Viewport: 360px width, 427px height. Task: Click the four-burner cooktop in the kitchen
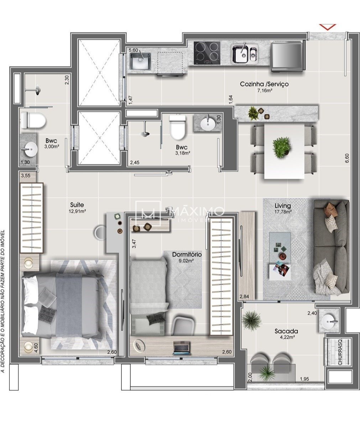[x=207, y=53]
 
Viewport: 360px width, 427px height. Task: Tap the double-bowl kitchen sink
[x=245, y=54]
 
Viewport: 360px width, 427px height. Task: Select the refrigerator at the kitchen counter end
[x=287, y=57]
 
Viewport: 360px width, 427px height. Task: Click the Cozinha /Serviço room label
[x=264, y=84]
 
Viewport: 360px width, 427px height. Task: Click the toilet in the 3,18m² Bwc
[x=178, y=126]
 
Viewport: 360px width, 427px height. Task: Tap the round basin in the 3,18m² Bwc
[x=208, y=123]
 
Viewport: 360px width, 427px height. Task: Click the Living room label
[x=283, y=206]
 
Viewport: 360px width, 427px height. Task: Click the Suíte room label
[x=77, y=205]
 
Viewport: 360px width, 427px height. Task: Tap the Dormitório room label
[x=187, y=255]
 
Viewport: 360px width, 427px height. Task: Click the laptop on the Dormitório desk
[x=182, y=347]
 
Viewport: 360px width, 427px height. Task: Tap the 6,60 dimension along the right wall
[x=347, y=158]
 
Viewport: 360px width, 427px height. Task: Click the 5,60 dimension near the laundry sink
[x=134, y=50]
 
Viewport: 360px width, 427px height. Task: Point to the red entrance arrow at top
[x=328, y=27]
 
